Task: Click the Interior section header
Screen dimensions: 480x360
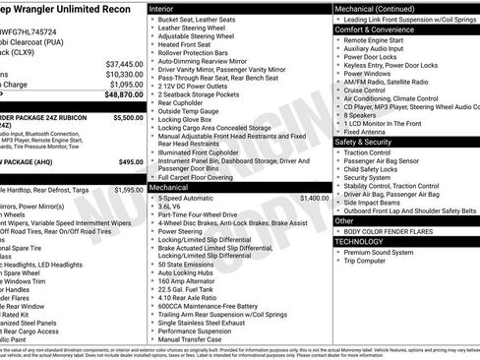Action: point(162,8)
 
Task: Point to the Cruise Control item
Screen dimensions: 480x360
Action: point(371,89)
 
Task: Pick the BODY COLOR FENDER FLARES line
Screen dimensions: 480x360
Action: point(390,231)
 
